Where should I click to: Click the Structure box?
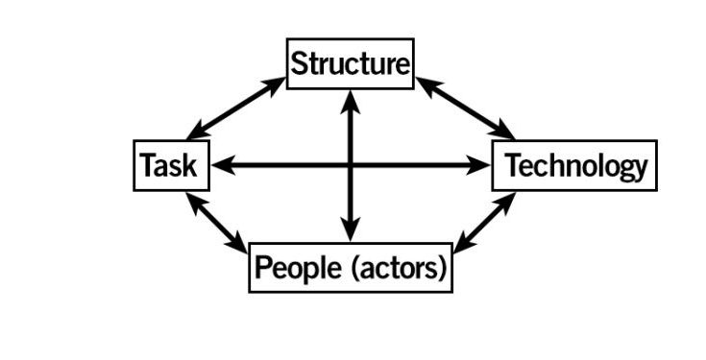(351, 63)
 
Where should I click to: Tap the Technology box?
(574, 166)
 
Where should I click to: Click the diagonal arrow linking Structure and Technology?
(466, 108)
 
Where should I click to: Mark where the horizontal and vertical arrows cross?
(351, 166)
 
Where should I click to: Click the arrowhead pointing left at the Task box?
(220, 166)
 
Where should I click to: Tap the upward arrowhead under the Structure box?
(351, 98)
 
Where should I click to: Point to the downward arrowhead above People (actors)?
(351, 232)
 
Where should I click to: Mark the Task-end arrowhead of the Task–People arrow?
(192, 200)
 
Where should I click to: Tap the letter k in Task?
(188, 166)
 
